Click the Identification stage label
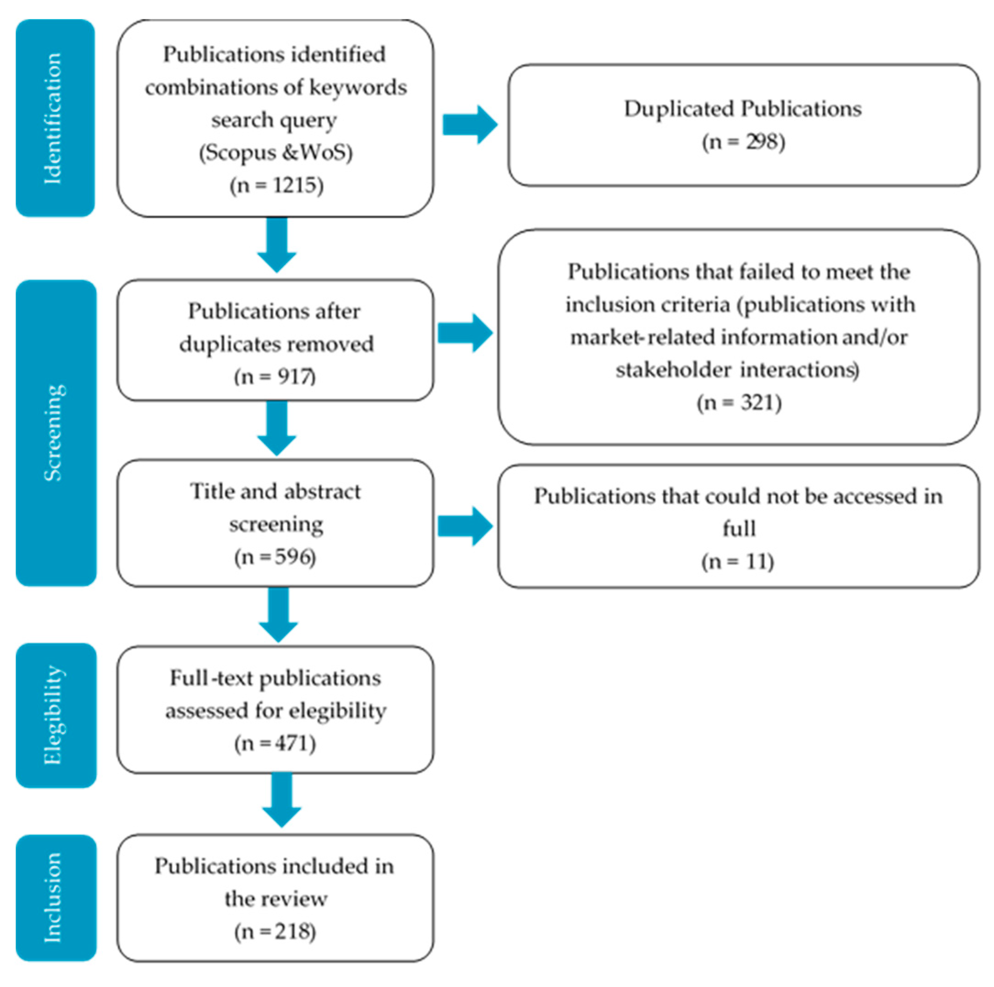click(54, 118)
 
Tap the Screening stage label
click(55, 433)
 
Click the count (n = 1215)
click(276, 185)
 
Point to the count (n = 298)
click(743, 142)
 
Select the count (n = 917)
click(275, 377)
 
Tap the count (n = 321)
click(739, 402)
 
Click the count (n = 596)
click(275, 557)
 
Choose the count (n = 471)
click(275, 743)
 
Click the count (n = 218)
click(275, 931)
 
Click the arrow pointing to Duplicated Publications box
click(469, 125)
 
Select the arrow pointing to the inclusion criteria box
click(465, 333)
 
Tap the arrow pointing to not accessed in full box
click(465, 526)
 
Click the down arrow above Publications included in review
click(281, 798)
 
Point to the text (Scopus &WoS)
click(276, 152)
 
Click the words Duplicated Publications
click(742, 109)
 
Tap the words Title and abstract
click(275, 491)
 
